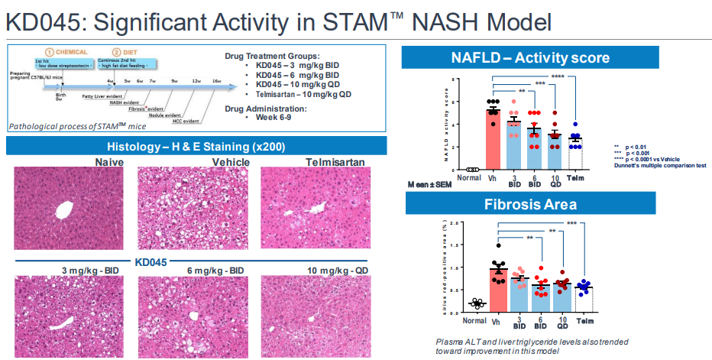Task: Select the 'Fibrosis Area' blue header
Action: (520, 204)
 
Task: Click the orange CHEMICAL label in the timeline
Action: (68, 52)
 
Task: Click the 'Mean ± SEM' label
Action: (432, 184)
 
